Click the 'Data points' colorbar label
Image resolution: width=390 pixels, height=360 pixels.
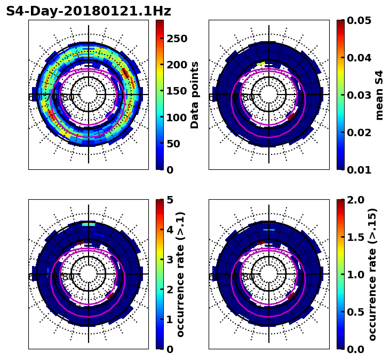click(x=195, y=95)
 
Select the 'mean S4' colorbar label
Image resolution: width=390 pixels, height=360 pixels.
click(x=379, y=95)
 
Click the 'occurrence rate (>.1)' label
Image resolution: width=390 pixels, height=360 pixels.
click(x=180, y=274)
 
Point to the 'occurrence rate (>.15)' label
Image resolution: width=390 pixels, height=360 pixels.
click(x=372, y=274)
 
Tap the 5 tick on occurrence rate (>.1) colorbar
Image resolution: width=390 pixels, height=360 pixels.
click(x=170, y=200)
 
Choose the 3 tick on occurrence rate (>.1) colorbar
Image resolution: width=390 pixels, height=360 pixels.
click(x=170, y=260)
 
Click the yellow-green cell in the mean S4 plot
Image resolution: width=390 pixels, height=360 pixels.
click(x=260, y=64)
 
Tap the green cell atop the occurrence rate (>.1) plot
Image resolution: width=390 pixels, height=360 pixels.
click(x=88, y=224)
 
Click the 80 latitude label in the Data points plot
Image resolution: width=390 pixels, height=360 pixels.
click(x=68, y=98)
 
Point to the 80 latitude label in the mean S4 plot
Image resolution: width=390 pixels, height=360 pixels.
click(x=249, y=98)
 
